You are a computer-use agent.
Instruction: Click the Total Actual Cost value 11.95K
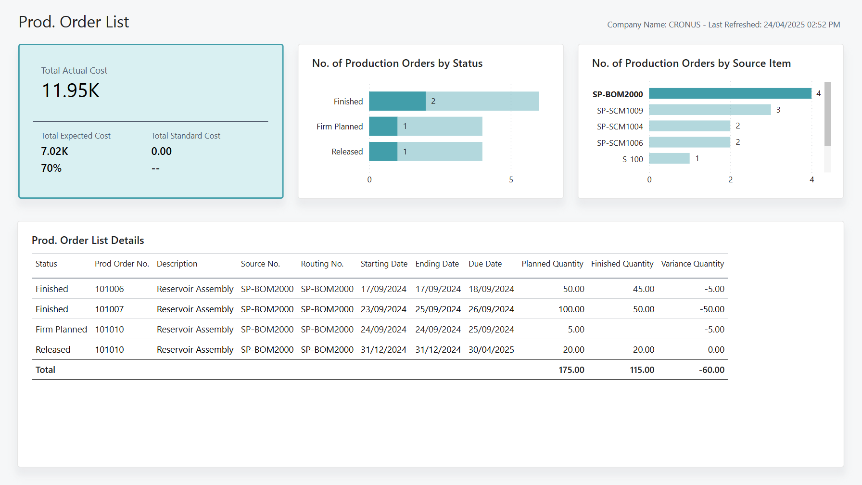71,91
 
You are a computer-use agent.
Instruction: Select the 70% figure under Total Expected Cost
51,168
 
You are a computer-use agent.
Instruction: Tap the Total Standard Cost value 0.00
161,152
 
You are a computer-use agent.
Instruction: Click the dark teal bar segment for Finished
397,101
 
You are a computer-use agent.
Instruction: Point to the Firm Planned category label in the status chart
339,127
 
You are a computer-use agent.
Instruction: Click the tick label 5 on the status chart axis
511,179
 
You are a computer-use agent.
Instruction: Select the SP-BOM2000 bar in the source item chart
730,94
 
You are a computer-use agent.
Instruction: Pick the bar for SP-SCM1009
710,110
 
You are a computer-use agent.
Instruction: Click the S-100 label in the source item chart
632,159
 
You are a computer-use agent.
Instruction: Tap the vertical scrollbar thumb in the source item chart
827,114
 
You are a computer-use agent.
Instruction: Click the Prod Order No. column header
122,264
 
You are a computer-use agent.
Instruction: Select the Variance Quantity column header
692,264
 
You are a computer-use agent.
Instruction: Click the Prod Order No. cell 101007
109,309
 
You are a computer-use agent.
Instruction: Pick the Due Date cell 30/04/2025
491,350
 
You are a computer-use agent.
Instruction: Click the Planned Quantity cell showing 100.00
571,309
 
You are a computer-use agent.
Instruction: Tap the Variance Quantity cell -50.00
712,309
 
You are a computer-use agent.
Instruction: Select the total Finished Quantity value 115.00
642,370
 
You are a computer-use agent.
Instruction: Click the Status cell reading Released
53,350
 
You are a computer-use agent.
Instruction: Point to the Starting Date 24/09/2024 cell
383,330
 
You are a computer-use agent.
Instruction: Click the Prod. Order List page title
74,22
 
